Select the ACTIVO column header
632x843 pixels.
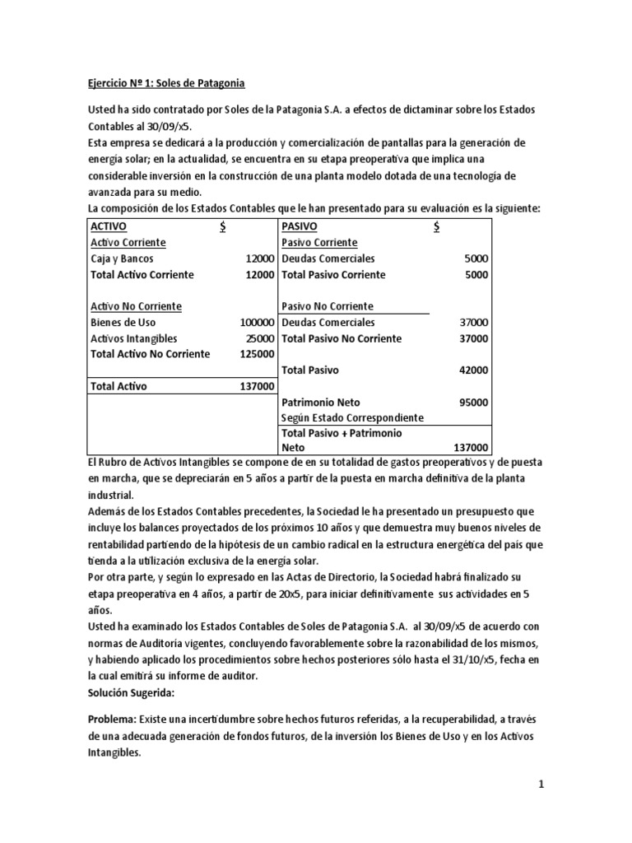click(109, 226)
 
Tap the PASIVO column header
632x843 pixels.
click(300, 226)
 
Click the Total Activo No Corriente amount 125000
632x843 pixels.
click(256, 354)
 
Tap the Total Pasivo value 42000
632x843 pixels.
click(473, 370)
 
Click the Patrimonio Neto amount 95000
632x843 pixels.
click(473, 403)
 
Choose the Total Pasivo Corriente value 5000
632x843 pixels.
click(476, 275)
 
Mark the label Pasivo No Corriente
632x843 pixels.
click(327, 306)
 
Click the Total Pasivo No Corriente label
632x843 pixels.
click(341, 338)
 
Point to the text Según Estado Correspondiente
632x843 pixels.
click(352, 417)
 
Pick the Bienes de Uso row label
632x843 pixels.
click(123, 323)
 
